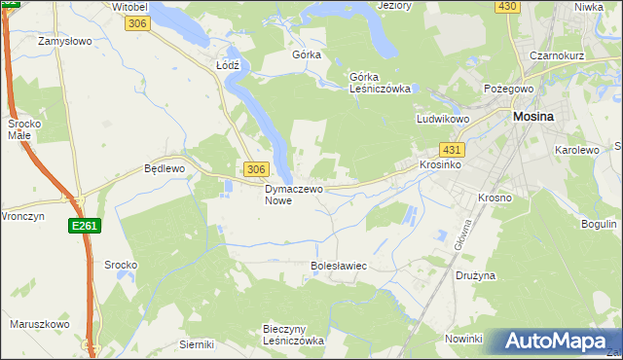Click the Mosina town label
pos(532,117)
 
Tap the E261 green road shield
pos(84,226)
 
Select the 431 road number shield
pos(452,150)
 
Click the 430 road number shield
pos(506,6)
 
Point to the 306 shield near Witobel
pos(137,23)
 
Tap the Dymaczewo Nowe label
pos(293,195)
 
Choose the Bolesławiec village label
pos(338,265)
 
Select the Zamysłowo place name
pos(64,42)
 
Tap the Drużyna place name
pos(476,275)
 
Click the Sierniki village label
pos(197,344)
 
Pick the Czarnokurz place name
pos(557,55)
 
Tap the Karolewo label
pos(576,151)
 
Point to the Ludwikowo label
pos(444,119)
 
